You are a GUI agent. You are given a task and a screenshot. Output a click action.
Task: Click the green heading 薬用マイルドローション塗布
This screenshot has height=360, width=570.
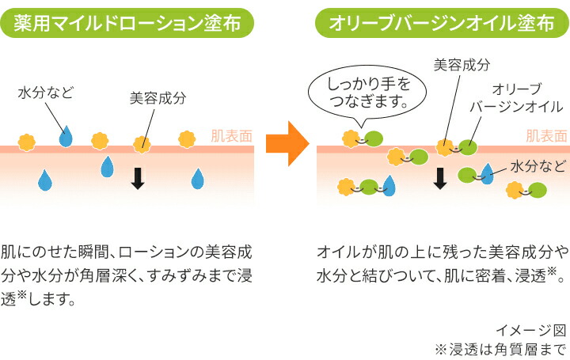tap(128, 24)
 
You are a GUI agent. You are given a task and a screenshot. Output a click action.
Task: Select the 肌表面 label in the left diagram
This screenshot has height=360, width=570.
tap(231, 135)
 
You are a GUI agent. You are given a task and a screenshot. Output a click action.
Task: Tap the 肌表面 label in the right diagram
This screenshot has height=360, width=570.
tap(546, 135)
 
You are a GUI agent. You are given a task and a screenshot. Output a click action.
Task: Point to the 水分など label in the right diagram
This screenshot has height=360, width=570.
tap(537, 166)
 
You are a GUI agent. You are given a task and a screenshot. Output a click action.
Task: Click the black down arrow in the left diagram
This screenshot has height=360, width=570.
tap(138, 179)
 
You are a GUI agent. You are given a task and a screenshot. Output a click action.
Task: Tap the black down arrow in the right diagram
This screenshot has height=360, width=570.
tap(441, 179)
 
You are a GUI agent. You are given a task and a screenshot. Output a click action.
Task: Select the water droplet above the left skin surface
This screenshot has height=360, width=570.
tap(66, 137)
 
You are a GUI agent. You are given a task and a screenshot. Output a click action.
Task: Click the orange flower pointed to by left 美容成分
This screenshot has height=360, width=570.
tap(142, 142)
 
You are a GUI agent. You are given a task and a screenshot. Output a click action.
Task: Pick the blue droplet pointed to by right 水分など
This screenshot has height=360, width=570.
tap(486, 175)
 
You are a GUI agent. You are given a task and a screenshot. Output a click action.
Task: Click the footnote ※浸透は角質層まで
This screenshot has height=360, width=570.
tap(501, 348)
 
